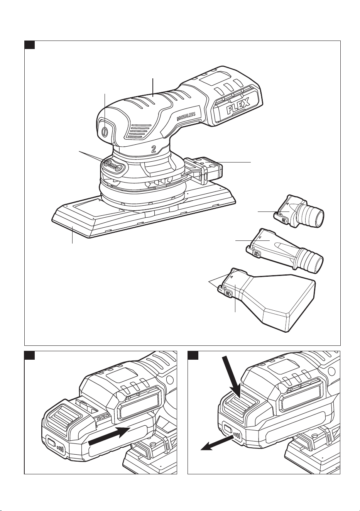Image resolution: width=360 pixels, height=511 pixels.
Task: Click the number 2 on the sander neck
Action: [x=154, y=149]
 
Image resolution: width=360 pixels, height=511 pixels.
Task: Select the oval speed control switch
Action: [x=113, y=164]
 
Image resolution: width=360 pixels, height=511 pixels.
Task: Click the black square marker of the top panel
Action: [x=29, y=45]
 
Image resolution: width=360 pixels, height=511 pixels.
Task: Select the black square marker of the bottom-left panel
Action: [x=29, y=355]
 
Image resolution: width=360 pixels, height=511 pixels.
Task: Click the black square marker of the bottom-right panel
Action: [x=193, y=355]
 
